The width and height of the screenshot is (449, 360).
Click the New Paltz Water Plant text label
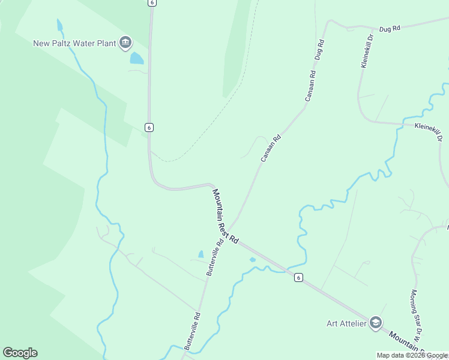click(76, 43)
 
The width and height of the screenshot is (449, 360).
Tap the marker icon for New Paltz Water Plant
click(125, 42)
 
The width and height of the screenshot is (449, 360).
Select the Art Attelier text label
click(346, 323)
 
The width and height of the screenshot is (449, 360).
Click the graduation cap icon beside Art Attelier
click(376, 323)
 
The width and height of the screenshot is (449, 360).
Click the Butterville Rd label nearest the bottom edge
click(193, 331)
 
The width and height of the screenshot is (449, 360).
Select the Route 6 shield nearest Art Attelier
click(298, 277)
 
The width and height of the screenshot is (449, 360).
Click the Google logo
click(20, 353)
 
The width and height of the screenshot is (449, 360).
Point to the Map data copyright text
click(412, 355)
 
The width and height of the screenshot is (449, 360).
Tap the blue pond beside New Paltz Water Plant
click(137, 58)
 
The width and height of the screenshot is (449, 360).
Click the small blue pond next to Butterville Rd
click(200, 254)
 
